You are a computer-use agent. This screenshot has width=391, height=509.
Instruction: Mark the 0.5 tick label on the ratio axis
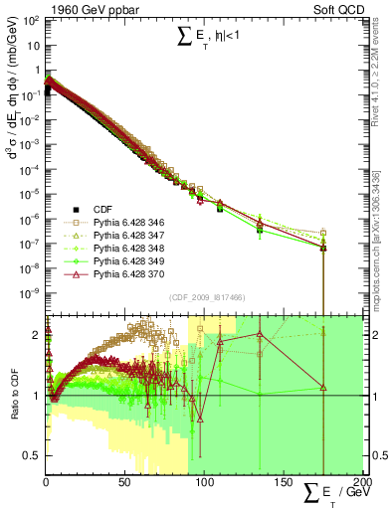[x=31, y=454]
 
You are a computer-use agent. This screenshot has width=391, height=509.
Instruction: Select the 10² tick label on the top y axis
[x=29, y=21]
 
